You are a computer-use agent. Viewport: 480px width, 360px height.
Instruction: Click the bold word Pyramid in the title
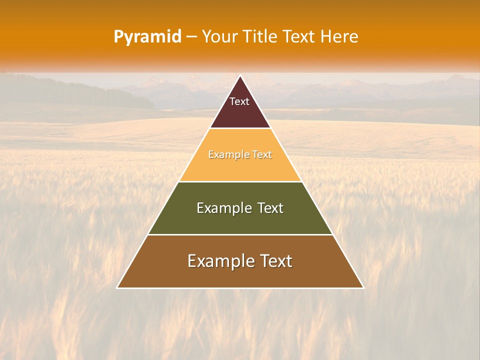[x=147, y=36]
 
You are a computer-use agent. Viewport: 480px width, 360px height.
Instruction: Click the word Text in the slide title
[x=299, y=36]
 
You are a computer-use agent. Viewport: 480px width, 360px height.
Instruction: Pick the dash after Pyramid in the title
[x=191, y=37]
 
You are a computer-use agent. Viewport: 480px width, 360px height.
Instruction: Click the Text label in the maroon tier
[x=239, y=101]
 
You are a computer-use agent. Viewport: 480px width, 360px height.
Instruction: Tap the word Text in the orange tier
[x=262, y=155]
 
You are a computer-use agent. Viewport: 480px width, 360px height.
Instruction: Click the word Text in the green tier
[x=270, y=208]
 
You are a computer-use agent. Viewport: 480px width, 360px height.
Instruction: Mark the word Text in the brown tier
[x=274, y=261]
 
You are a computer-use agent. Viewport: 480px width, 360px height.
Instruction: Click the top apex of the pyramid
[x=240, y=76]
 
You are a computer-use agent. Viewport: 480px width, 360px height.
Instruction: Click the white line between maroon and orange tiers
[x=240, y=128]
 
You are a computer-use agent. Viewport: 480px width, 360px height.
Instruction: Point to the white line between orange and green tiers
[x=240, y=181]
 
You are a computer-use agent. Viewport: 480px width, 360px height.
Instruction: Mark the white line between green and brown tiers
[x=240, y=234]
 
